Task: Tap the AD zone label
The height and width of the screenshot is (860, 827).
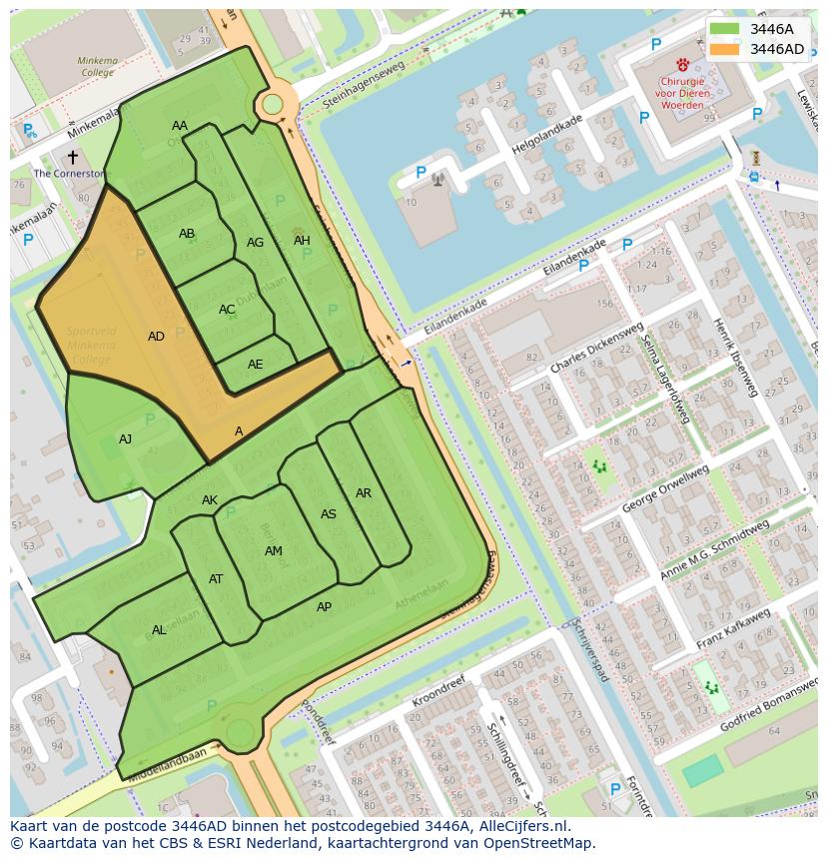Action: (156, 337)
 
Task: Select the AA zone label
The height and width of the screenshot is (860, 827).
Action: (180, 126)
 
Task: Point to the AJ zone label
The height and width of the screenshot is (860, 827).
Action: (125, 438)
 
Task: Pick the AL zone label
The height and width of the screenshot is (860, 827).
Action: (159, 630)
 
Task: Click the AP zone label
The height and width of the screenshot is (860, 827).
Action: (324, 607)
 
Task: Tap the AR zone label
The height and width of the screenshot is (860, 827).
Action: (364, 493)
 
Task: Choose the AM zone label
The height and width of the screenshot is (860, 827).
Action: (274, 551)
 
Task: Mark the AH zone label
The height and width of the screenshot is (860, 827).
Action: (302, 241)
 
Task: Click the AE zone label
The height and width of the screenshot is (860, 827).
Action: (256, 365)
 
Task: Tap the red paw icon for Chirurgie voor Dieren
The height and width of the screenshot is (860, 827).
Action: (682, 64)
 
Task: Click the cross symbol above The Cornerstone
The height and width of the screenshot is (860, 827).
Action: (72, 157)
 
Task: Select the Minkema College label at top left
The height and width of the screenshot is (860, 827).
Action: (97, 67)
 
